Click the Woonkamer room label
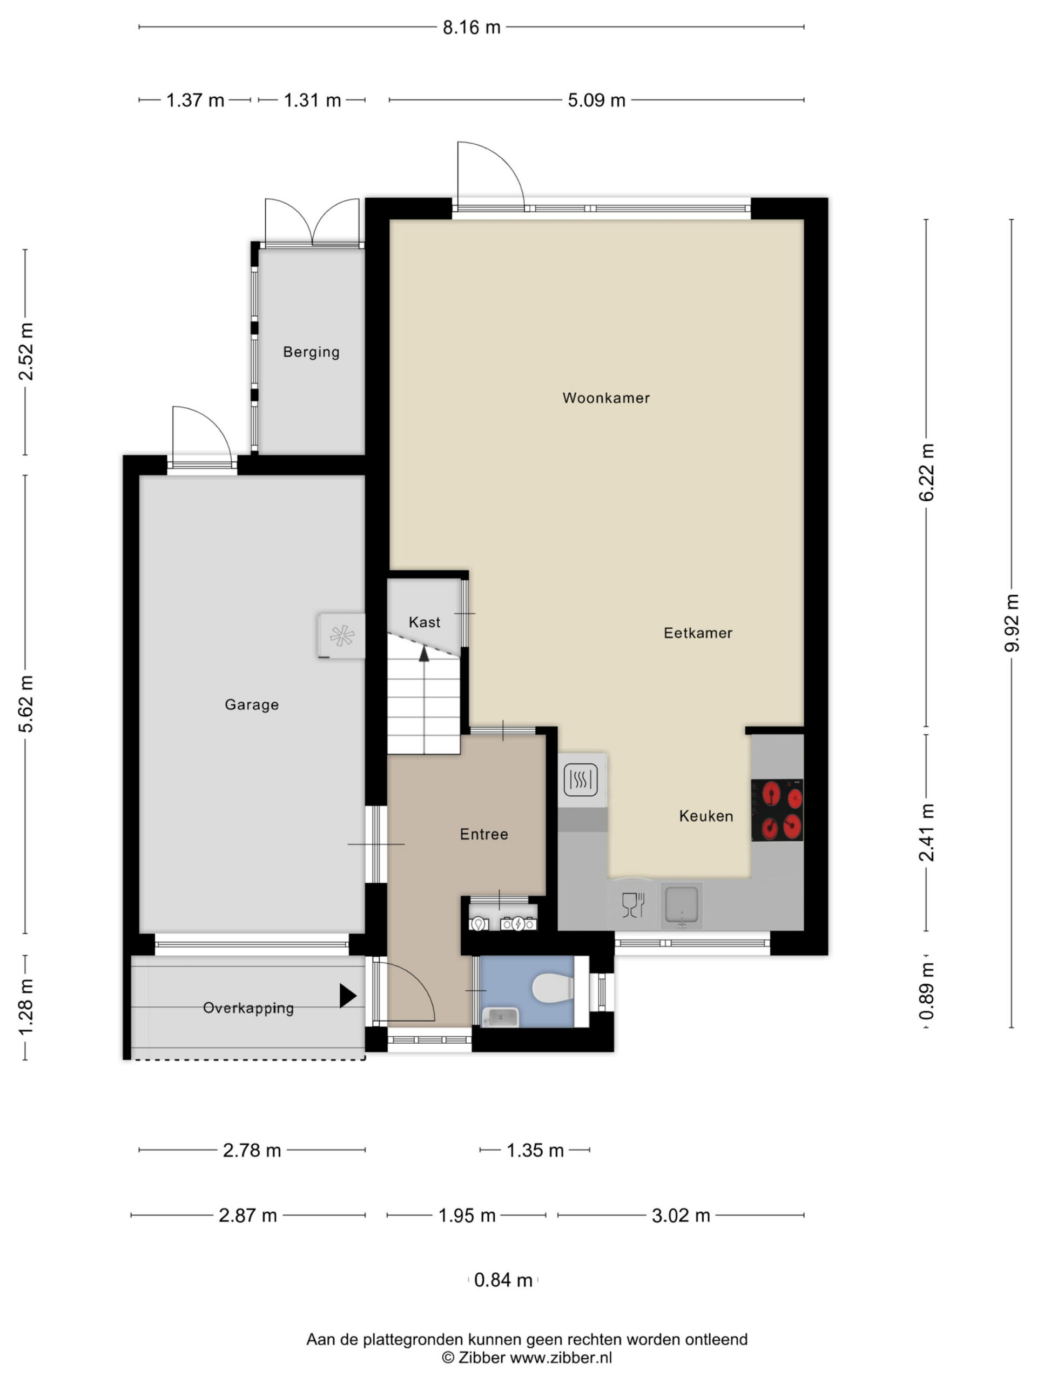point(605,398)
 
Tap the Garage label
point(251,704)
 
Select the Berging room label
point(311,352)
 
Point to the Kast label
point(425,622)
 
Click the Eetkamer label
point(698,633)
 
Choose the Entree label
point(484,834)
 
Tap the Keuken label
point(706,816)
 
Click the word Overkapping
point(248,1008)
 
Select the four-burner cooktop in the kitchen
point(777,810)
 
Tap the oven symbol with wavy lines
point(581,780)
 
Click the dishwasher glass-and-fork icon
point(633,905)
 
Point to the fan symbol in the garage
point(342,636)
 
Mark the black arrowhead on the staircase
point(424,654)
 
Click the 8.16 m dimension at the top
point(472,28)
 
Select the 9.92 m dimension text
point(1012,623)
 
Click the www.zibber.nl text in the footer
point(561,1358)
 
